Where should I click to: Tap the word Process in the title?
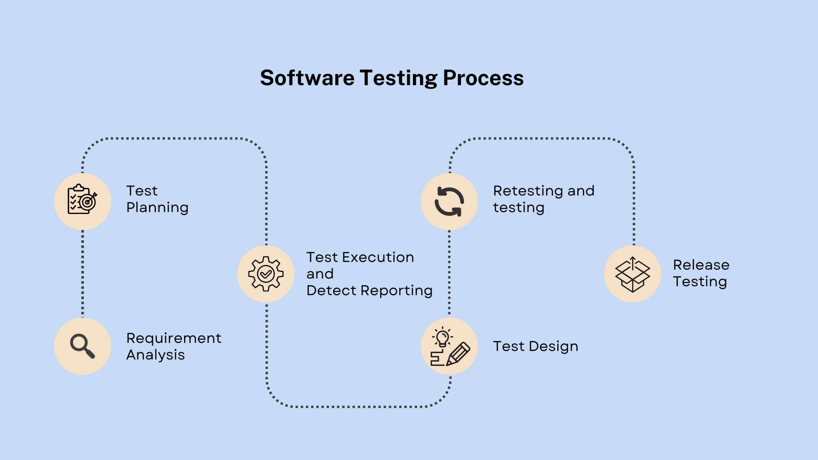click(483, 78)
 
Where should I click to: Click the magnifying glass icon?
click(83, 346)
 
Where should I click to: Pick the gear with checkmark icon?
click(266, 274)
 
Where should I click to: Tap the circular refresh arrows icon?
click(449, 201)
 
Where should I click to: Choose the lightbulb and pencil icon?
click(450, 347)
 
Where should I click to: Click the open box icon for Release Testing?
click(633, 274)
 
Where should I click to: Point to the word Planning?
click(158, 208)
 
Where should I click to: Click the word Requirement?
click(174, 338)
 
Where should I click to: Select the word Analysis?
click(156, 355)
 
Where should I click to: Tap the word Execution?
click(378, 257)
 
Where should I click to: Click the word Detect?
click(331, 290)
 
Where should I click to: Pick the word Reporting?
click(397, 291)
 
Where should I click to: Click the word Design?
click(553, 347)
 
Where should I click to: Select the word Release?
click(701, 265)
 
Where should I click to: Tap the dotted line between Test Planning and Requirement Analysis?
click(83, 274)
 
